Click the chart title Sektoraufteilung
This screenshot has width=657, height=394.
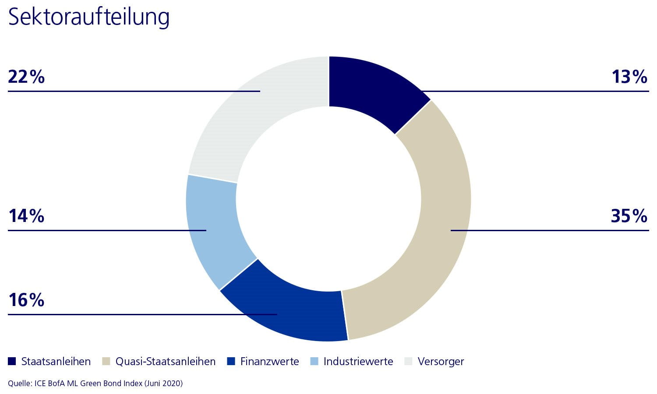coord(88,17)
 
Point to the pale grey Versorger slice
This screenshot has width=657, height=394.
coord(245,118)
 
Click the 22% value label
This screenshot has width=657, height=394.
coord(26,77)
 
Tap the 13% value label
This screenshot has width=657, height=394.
coord(629,77)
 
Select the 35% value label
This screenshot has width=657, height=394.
coord(629,216)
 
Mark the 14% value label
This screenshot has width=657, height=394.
coord(26,216)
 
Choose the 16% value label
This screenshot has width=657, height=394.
coord(26,300)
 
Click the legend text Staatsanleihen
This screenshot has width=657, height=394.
coord(56,362)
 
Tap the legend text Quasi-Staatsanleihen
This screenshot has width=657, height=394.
coord(165,362)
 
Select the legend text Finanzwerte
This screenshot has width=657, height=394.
coord(269,362)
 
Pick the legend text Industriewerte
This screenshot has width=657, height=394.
coord(358,362)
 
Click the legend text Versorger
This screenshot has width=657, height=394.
coord(441,362)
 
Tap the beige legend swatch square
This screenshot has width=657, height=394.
coord(106,361)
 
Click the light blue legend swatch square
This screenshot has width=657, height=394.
coord(314,361)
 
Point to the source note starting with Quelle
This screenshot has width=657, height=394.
coord(95,383)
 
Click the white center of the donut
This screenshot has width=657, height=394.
coord(328,199)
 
